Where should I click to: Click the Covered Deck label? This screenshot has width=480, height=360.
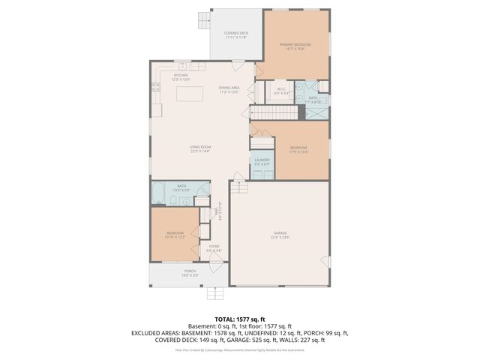(x=236, y=34)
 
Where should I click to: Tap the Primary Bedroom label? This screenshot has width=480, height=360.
(x=295, y=46)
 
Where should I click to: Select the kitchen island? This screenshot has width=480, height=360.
(x=190, y=94)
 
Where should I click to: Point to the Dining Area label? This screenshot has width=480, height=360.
(x=229, y=90)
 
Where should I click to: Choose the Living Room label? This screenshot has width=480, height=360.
(x=199, y=148)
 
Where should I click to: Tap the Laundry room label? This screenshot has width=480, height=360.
(x=262, y=161)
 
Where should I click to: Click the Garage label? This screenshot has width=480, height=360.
(x=279, y=236)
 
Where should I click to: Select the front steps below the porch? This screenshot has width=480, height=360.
(x=215, y=292)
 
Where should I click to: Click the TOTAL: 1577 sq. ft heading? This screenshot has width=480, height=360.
(x=239, y=319)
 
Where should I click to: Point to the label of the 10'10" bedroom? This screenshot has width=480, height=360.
(x=175, y=235)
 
